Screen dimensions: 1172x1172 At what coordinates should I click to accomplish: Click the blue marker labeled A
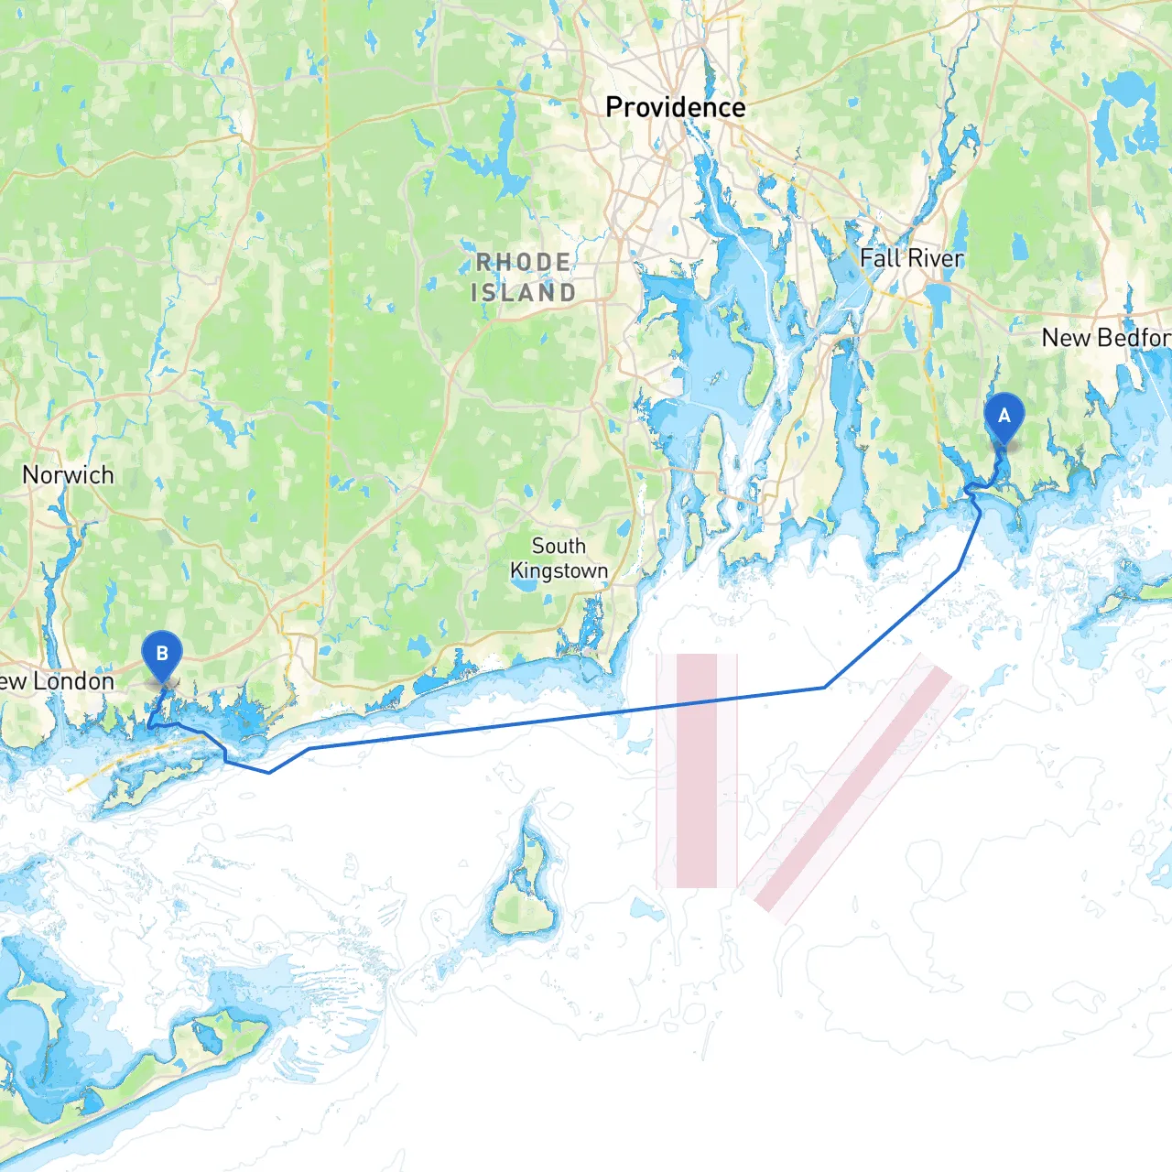point(1004,417)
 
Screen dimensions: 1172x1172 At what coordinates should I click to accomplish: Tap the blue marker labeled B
point(162,655)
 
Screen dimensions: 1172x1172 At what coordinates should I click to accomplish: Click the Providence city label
point(675,107)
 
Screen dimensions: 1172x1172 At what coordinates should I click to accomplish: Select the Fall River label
point(911,258)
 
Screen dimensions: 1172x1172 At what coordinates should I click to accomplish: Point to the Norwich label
point(68,475)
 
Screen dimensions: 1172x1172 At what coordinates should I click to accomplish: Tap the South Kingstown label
point(559,559)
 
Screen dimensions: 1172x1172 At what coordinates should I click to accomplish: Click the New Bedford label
point(1106,338)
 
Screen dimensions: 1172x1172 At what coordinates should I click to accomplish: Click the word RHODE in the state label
point(524,263)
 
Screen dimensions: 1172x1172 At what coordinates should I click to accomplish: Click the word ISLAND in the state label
point(524,293)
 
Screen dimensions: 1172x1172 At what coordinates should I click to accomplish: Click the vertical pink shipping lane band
point(696,806)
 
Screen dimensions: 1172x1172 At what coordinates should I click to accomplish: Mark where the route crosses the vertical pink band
point(696,702)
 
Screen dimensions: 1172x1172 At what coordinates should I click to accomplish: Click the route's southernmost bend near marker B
point(269,772)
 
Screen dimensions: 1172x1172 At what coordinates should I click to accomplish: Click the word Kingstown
point(559,571)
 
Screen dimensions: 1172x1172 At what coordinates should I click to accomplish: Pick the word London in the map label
point(74,681)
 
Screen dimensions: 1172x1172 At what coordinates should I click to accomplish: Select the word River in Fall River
point(935,258)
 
